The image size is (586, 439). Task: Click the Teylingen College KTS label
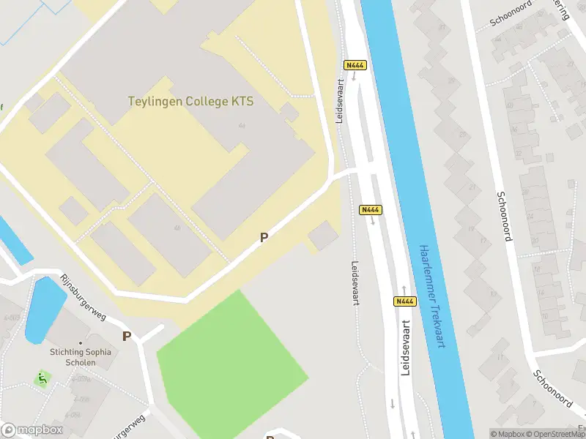click(190, 102)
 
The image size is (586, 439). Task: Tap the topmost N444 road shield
click(355, 65)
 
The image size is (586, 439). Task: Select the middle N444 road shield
click(371, 210)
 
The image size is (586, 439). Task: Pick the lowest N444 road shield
click(405, 301)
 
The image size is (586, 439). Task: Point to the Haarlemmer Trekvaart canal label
click(429, 296)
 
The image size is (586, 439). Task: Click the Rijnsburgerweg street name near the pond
click(83, 297)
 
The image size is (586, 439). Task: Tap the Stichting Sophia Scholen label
click(81, 357)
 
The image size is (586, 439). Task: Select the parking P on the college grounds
click(264, 237)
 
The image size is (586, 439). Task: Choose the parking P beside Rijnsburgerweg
click(127, 337)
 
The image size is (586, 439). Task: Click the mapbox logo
click(32, 429)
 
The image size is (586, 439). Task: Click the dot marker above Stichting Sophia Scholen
click(81, 342)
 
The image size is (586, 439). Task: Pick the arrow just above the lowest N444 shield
click(403, 289)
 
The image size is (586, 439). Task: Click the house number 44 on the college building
click(241, 126)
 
